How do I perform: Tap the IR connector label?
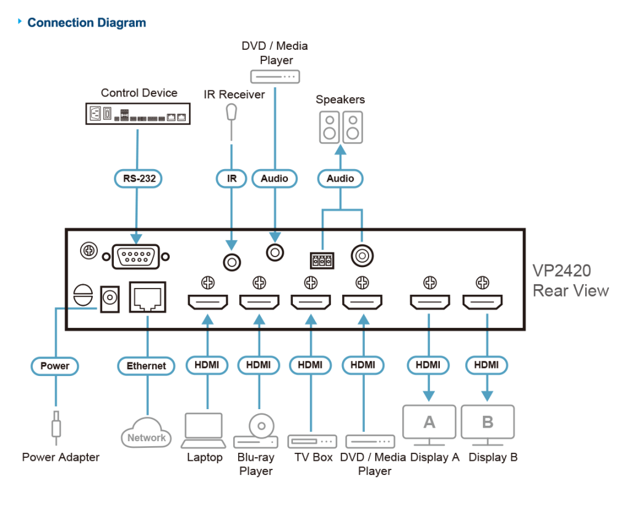pos(231,178)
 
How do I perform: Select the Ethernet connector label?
pos(146,365)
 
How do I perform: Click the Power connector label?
pos(55,365)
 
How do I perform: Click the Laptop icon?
pos(204,430)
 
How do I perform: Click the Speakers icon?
pos(340,127)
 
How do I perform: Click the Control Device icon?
pos(137,114)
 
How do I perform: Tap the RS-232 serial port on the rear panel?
pos(136,256)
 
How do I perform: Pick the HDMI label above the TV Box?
pos(310,365)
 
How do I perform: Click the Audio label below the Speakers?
pos(340,178)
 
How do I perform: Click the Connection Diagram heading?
pos(86,23)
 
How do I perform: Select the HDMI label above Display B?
pos(487,365)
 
